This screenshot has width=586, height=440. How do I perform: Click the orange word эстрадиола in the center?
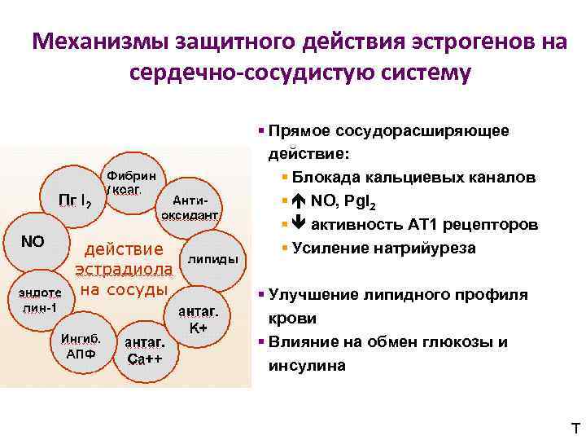[124, 269]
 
